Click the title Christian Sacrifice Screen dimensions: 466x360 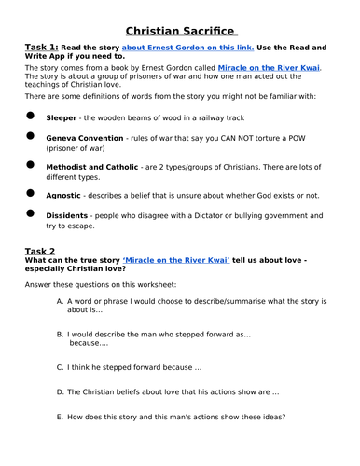tap(180, 31)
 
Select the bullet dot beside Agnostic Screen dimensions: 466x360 tap(30, 194)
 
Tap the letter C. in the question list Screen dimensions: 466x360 tap(61, 366)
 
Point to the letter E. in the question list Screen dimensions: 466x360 tap(61, 417)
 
